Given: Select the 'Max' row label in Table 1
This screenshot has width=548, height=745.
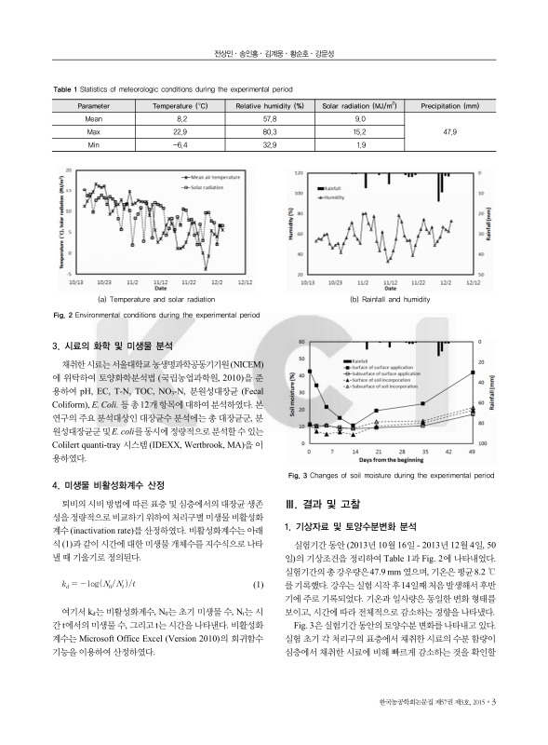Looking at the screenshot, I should coord(93,132).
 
